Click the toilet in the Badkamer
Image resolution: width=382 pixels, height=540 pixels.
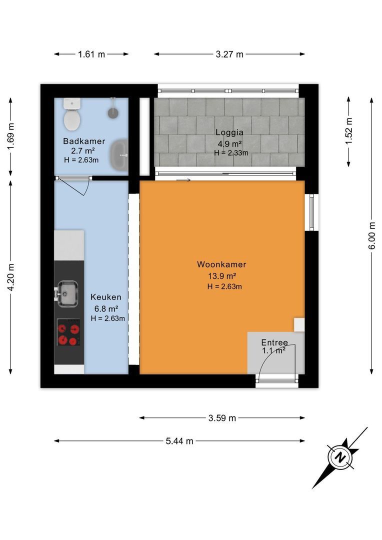coord(72,114)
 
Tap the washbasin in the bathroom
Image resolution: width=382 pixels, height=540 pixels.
coord(119,155)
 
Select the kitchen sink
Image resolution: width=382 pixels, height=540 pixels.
coord(66,293)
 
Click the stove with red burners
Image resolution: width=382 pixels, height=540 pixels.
coord(68,332)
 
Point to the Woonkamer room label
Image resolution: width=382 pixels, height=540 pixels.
coord(221,264)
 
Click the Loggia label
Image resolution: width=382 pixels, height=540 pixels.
coord(229,132)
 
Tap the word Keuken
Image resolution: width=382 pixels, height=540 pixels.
coord(105,297)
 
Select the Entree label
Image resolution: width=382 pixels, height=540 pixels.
coord(274,342)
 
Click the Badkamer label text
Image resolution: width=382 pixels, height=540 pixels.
coord(84,141)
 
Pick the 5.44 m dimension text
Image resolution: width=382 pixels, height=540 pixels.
coord(179,441)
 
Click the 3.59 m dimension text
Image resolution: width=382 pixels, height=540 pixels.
coord(222,418)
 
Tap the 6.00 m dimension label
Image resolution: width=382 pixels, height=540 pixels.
coord(372,235)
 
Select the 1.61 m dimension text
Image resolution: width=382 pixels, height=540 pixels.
coord(91,54)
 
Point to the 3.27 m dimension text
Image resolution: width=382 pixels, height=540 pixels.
coord(229,54)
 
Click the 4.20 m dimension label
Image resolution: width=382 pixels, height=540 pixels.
coord(11,277)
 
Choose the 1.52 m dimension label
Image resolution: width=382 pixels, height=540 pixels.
coord(349,131)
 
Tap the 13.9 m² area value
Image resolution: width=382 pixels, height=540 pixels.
coord(222,276)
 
